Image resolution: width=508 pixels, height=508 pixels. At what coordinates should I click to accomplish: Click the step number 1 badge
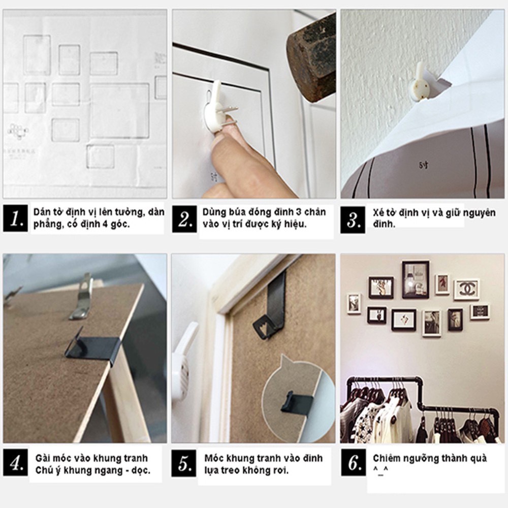click(16, 218)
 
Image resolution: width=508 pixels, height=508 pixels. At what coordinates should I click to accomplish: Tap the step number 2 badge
click(184, 218)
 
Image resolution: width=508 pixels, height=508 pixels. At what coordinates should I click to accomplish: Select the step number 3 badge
click(353, 219)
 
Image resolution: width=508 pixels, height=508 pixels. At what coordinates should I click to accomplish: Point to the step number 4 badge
click(16, 463)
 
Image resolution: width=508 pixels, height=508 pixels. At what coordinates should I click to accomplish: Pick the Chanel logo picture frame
click(466, 290)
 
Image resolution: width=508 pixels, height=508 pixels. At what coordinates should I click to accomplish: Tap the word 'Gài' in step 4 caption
click(43, 458)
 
